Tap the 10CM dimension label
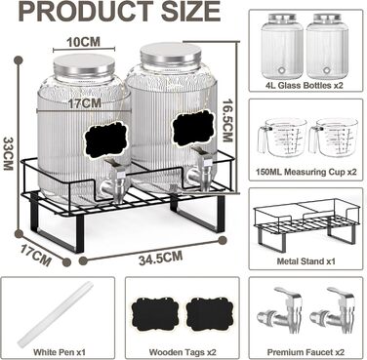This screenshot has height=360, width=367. (83, 42)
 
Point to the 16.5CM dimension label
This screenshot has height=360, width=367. (227, 120)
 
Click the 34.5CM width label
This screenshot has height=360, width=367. (160, 258)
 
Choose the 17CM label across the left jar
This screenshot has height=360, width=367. (85, 103)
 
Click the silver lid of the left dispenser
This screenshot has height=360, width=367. (84, 65)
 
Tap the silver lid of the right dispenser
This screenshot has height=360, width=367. (171, 55)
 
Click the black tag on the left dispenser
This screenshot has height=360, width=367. (105, 140)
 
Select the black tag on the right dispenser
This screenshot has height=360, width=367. (194, 128)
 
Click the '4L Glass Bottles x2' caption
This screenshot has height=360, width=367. (304, 86)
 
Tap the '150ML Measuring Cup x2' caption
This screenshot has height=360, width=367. (306, 172)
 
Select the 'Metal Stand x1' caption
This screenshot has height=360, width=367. (306, 260)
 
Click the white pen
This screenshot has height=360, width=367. (56, 315)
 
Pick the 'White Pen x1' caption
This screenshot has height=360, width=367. (60, 352)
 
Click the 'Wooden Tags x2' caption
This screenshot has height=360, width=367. (183, 352)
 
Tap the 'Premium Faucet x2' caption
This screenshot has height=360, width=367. (306, 352)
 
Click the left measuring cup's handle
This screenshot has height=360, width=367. (263, 140)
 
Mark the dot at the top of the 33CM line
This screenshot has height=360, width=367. (19, 60)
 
